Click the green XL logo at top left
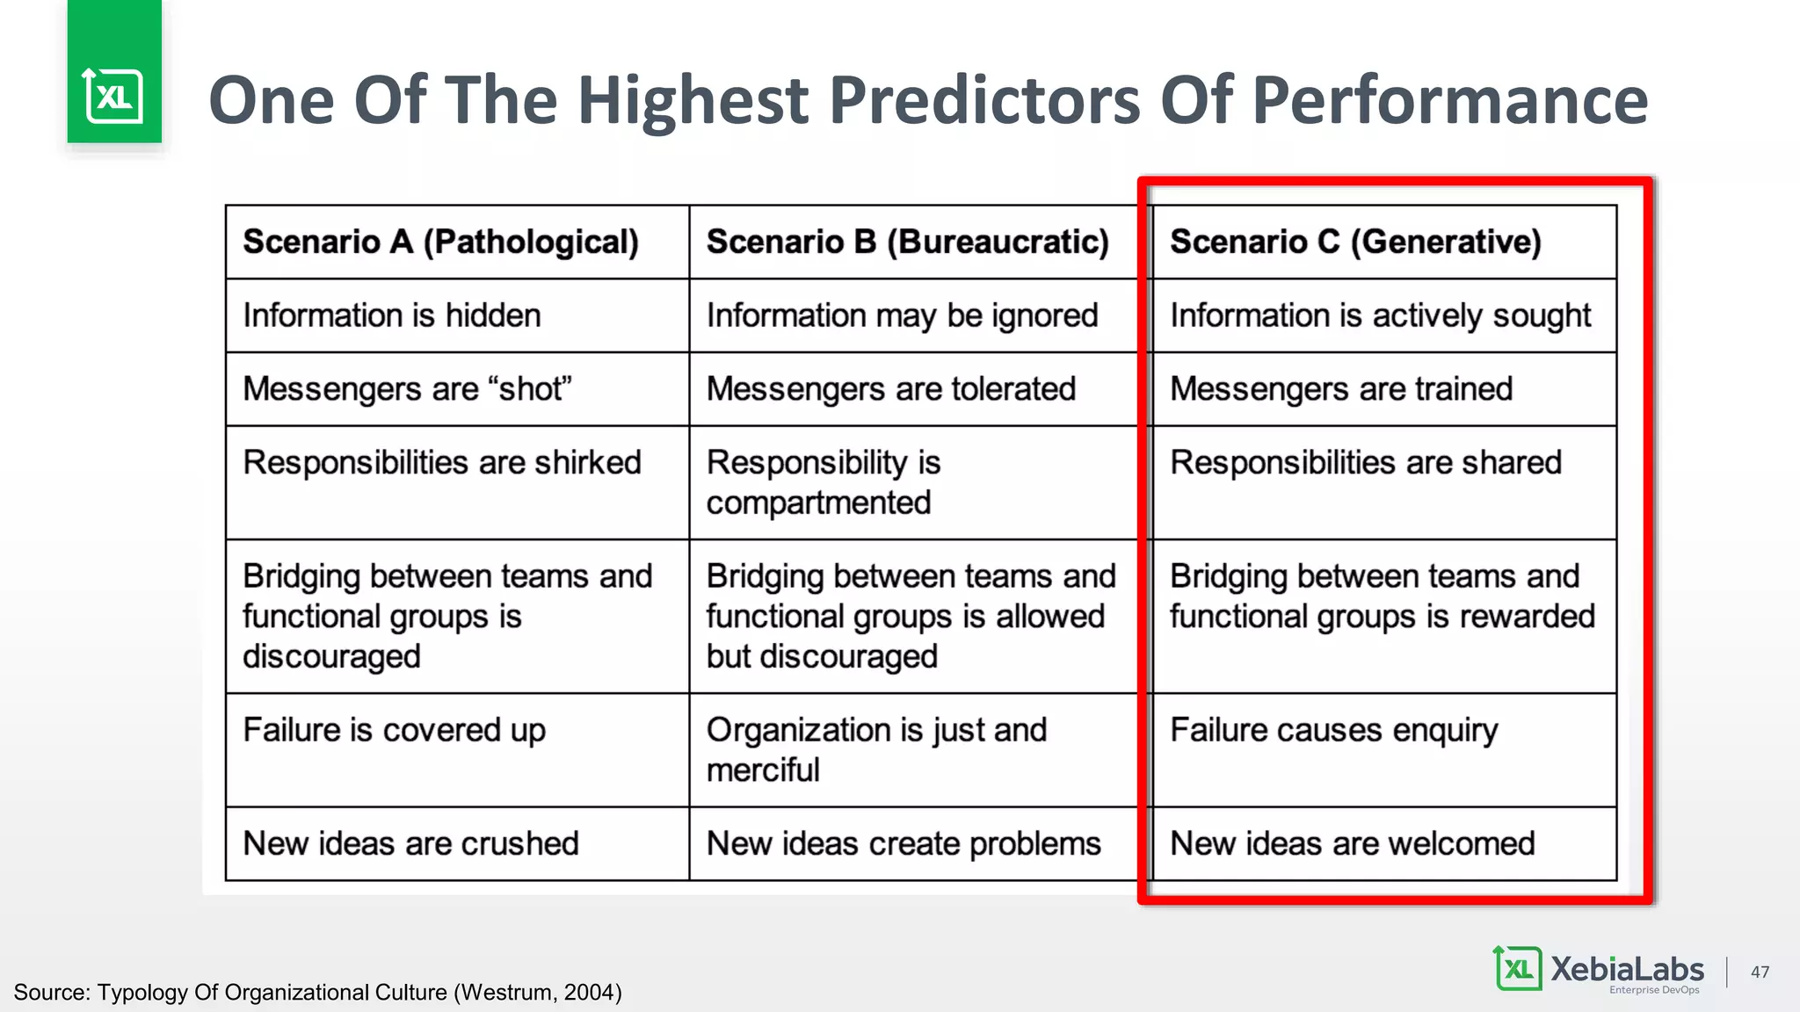point(113,95)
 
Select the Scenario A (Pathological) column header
point(440,242)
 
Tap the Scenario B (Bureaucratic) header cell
point(907,242)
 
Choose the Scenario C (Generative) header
point(1355,242)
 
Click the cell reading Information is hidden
point(392,315)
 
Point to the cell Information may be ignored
point(902,315)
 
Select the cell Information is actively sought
point(1380,315)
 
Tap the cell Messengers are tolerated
point(891,389)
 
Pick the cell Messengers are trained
point(1341,389)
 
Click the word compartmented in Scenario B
point(818,503)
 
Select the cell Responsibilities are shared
point(1366,463)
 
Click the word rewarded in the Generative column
point(1527,617)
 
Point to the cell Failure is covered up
point(394,730)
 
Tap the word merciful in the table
point(763,770)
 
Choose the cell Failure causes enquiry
point(1334,730)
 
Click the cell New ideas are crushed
point(410,843)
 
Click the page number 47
point(1760,972)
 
